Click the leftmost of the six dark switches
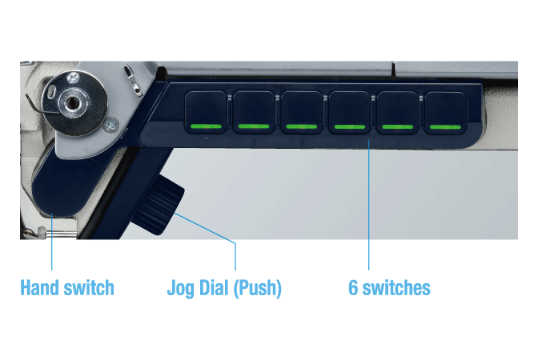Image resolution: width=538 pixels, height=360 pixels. (x=206, y=112)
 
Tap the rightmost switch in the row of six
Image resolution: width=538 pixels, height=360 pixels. (x=445, y=112)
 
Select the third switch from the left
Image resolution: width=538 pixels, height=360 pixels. (x=302, y=112)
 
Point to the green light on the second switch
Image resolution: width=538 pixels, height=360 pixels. (x=254, y=126)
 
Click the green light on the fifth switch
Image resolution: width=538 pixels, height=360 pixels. (x=397, y=126)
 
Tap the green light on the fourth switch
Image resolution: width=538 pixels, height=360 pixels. (x=349, y=126)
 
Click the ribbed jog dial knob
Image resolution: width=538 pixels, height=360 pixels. (x=159, y=205)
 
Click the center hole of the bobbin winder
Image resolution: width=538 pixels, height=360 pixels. (x=72, y=102)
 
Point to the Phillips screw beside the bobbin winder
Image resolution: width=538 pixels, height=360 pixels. (x=110, y=125)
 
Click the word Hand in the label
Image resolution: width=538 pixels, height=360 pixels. (x=39, y=287)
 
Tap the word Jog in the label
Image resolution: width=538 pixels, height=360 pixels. (x=180, y=288)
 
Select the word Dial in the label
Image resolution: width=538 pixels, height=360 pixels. (x=214, y=287)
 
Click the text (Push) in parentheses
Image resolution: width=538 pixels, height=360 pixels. (x=257, y=288)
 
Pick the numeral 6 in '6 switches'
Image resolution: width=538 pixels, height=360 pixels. (x=353, y=288)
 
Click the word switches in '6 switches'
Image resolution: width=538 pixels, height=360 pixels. (x=396, y=287)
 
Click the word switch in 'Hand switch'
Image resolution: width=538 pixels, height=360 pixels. (x=89, y=287)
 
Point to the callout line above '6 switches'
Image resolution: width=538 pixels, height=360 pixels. (x=368, y=205)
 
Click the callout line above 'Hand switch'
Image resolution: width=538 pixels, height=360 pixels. (x=51, y=242)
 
